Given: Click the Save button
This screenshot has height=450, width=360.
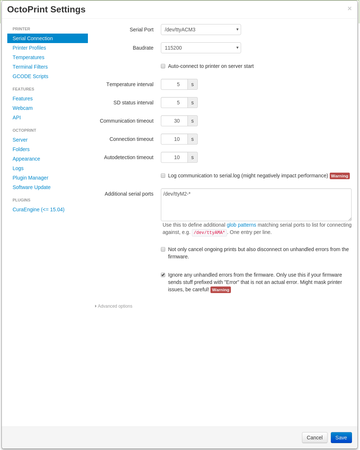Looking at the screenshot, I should coord(341,438).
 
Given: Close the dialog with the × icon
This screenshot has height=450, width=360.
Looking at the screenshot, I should coord(349,8).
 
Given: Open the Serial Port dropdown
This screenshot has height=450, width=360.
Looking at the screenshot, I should coord(201,30).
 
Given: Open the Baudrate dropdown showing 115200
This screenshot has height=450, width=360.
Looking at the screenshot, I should coord(201,48).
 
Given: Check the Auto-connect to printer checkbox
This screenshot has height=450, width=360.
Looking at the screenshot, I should coord(163,66).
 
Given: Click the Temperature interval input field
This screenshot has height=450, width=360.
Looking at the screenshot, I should coord(174,84).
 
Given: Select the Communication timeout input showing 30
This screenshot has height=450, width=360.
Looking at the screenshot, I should coord(174,121).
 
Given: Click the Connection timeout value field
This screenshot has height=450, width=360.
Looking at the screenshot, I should coord(174,139).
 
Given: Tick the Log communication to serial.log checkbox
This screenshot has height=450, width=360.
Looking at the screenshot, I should coord(163,176).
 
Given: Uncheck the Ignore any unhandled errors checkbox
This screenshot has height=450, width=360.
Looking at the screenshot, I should coord(163,275).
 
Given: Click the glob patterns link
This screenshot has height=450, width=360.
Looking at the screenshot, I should coord(241,225).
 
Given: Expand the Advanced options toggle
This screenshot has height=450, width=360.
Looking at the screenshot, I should coord(115,306).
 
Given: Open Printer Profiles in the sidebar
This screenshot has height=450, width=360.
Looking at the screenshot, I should coord(29,48).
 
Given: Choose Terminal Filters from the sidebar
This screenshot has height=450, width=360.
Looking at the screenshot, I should coord(30,67).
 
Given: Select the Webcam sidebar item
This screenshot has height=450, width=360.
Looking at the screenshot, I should coord(23,108).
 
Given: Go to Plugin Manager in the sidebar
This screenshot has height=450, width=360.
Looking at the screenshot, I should coord(30,178).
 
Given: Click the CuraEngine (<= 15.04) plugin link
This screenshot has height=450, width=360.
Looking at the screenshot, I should coord(38,209).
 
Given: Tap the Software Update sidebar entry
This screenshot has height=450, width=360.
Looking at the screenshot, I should coord(31,187).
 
